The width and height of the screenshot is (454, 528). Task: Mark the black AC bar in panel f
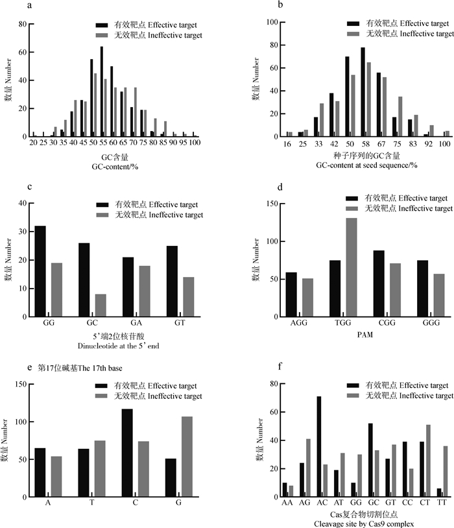[319, 446]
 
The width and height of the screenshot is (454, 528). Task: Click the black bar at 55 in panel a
[101, 91]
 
